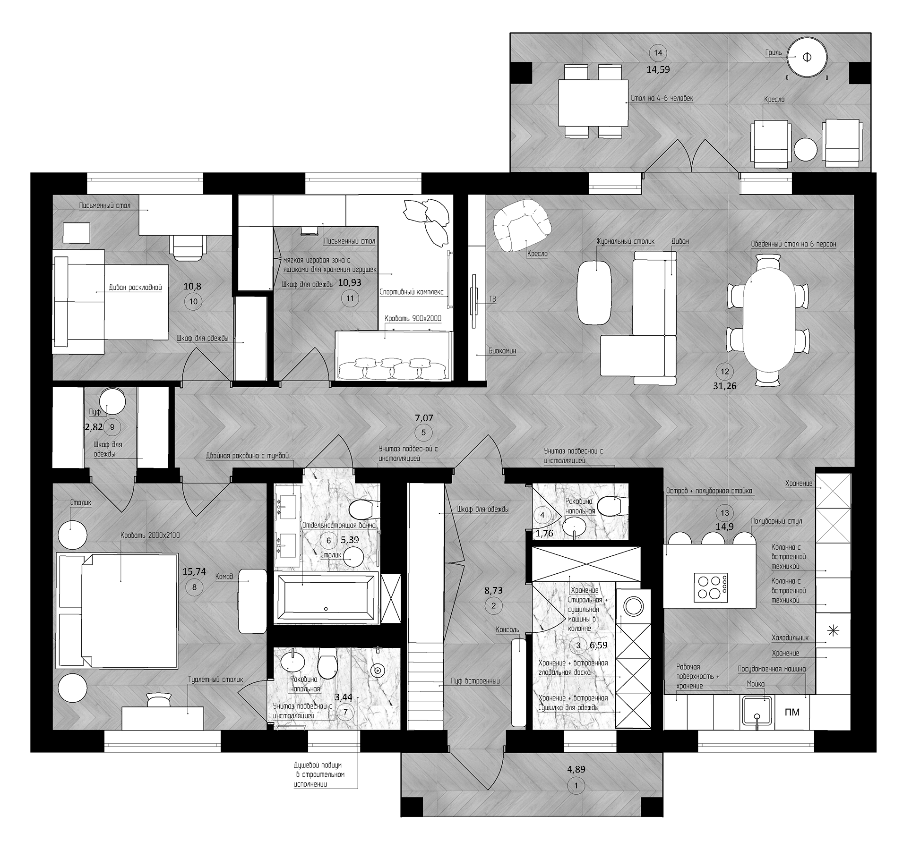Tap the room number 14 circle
tap(658, 52)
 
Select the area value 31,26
tap(725, 385)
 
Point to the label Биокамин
tap(502, 351)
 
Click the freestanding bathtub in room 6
tap(326, 598)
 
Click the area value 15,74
tap(194, 571)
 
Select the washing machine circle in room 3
tap(633, 606)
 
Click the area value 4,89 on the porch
tap(576, 782)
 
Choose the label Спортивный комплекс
tap(412, 291)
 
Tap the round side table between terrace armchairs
tap(805, 150)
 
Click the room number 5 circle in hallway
tap(423, 432)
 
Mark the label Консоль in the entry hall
tap(507, 629)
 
